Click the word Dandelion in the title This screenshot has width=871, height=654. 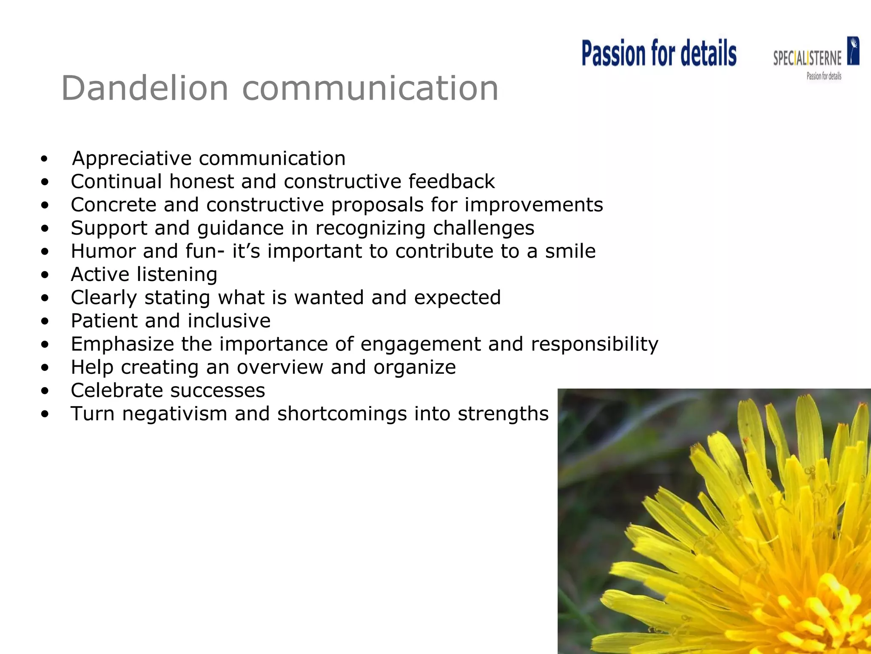click(145, 89)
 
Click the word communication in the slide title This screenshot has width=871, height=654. click(370, 89)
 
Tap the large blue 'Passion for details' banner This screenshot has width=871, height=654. click(659, 54)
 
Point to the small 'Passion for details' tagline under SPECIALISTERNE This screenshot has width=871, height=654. click(824, 77)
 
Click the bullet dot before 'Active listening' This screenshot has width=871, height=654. click(45, 275)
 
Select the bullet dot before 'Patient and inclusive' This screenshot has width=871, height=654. click(45, 321)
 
